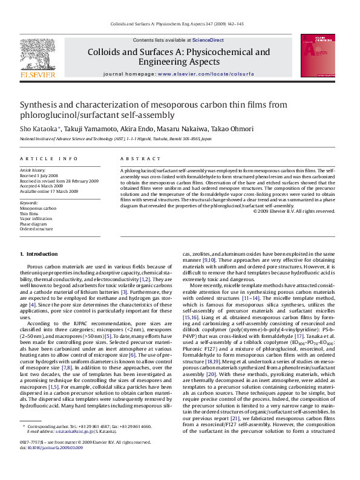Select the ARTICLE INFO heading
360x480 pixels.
tap(49, 158)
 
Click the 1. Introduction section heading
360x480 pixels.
tap(39, 254)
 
